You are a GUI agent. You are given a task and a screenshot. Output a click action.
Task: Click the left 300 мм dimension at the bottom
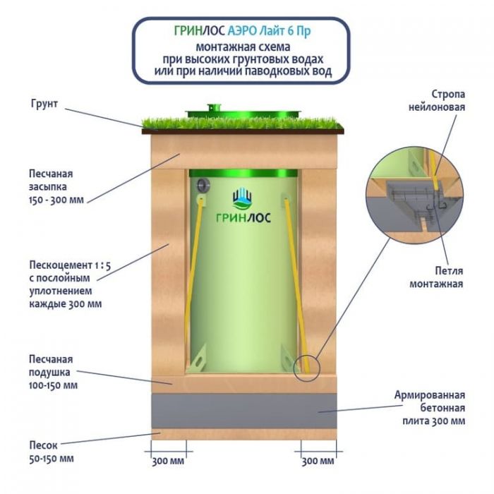(168, 462)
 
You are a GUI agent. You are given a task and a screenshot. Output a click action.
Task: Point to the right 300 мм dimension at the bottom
(318, 462)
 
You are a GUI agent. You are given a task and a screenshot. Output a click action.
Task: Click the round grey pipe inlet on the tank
(204, 185)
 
